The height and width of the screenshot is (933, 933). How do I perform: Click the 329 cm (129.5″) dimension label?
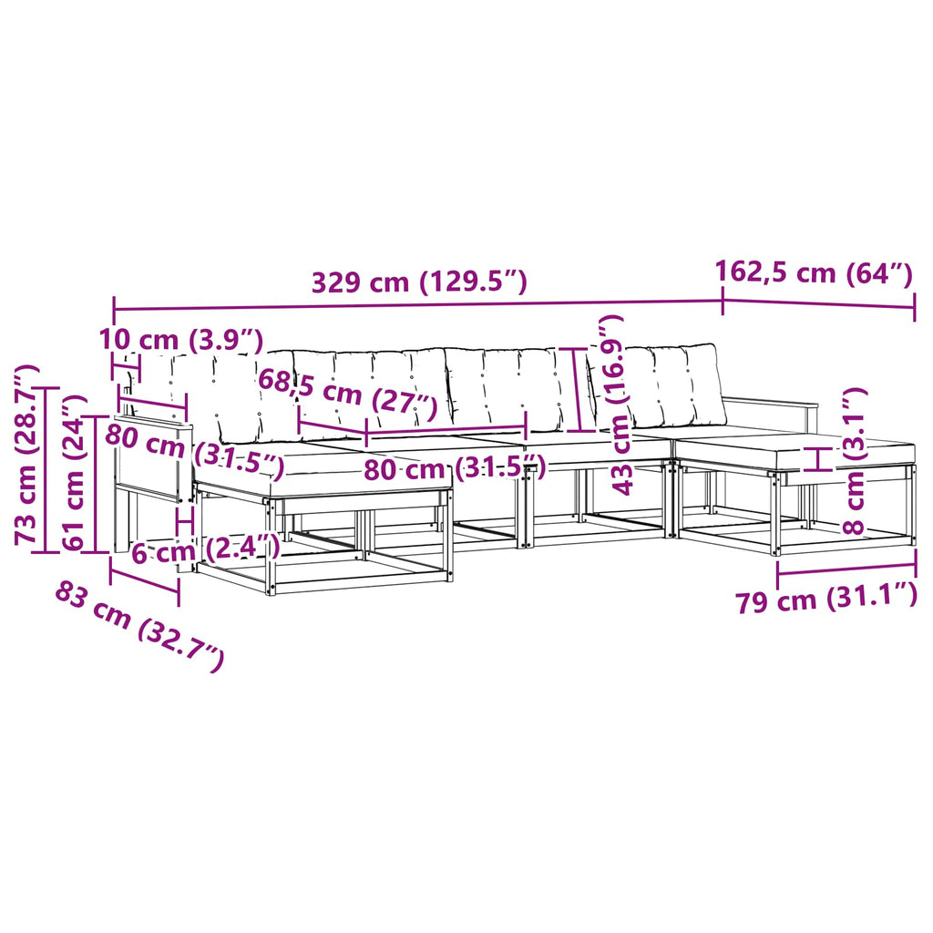click(x=419, y=282)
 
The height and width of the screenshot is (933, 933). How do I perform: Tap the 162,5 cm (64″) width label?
click(x=814, y=273)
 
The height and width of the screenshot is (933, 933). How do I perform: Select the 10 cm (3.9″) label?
click(x=181, y=340)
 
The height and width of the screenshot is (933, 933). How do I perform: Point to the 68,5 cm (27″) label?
click(x=347, y=394)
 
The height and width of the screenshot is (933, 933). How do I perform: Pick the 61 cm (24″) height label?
click(x=75, y=472)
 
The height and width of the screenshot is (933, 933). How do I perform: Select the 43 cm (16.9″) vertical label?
click(x=618, y=405)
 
